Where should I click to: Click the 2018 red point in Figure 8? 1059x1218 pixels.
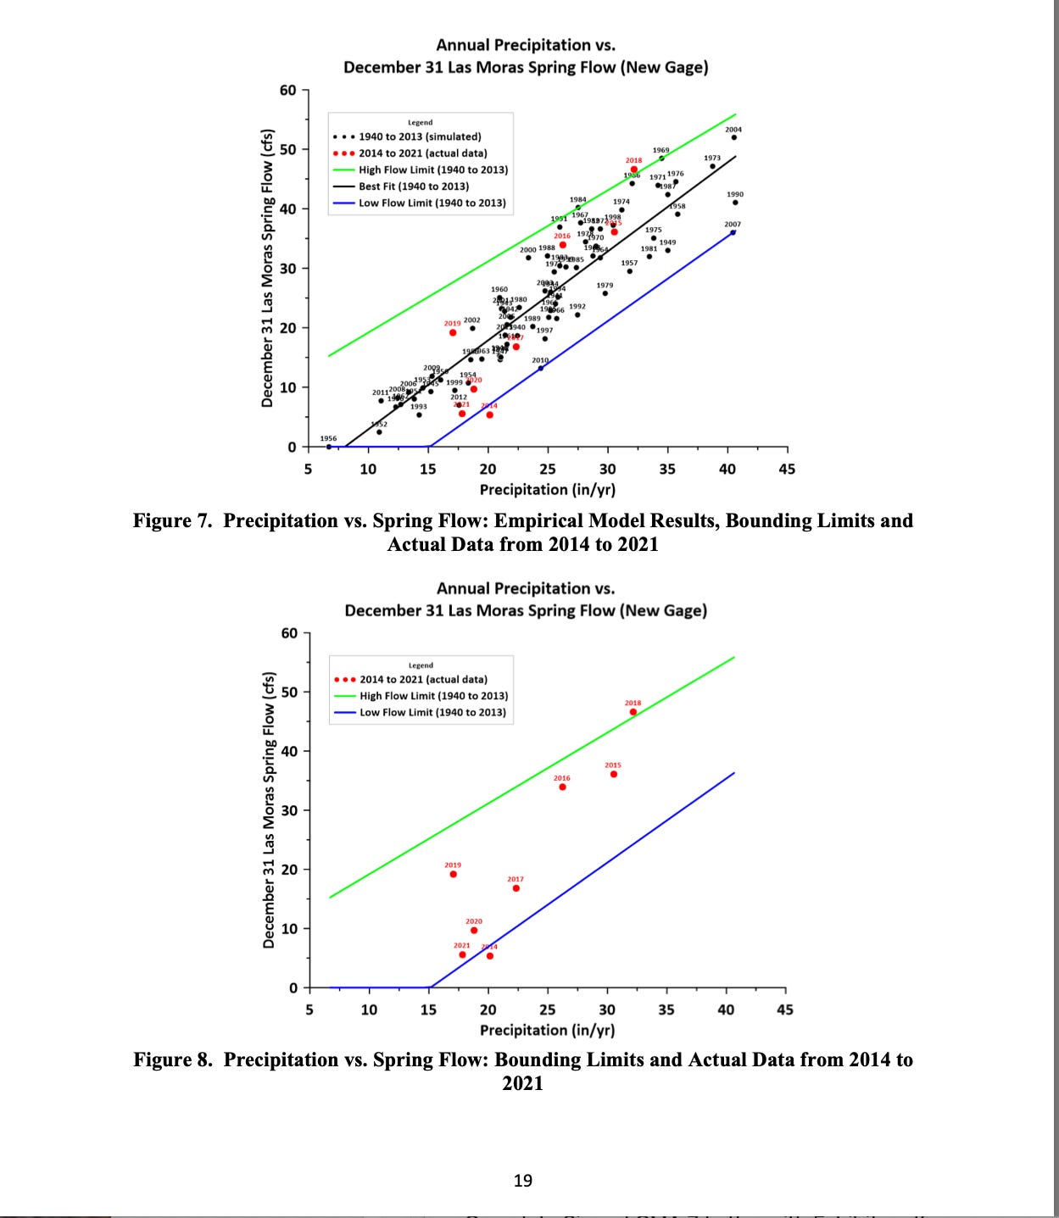pos(633,712)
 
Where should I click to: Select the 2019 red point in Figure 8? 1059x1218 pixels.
pos(453,874)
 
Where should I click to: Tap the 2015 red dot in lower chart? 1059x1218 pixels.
pos(614,774)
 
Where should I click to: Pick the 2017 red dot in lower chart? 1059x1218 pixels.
pos(516,888)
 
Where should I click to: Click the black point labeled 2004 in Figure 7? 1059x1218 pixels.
pos(734,137)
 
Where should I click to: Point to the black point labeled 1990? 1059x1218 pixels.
pos(735,203)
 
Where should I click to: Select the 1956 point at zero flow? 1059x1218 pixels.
pos(329,447)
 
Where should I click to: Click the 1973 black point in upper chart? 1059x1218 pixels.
pos(712,166)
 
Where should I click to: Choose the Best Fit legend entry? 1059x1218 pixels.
pos(413,186)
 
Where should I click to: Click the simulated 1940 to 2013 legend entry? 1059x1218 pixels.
pos(420,136)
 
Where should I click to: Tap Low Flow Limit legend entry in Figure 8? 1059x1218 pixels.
pos(433,713)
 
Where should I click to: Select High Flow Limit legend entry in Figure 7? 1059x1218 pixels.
pos(433,170)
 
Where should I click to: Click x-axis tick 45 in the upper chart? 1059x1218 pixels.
pos(787,469)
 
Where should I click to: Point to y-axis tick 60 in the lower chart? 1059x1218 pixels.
pos(289,633)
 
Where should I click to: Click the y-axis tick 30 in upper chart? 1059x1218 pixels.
pos(289,269)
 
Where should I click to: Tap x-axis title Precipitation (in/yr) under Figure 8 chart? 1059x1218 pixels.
pos(547,1030)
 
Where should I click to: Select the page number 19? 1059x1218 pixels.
pos(523,1181)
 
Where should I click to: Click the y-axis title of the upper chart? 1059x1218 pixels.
pos(268,268)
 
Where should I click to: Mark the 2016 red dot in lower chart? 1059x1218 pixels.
pos(562,787)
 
